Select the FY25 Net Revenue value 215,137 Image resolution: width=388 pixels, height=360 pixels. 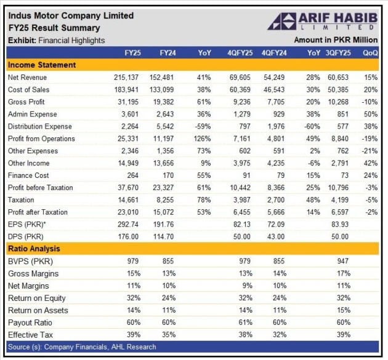click(x=127, y=78)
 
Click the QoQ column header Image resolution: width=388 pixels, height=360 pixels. click(x=370, y=53)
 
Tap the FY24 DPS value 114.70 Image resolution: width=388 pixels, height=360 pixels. click(x=164, y=237)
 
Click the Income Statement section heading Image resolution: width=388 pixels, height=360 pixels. click(x=42, y=65)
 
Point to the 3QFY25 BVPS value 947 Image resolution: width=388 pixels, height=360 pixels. click(x=343, y=262)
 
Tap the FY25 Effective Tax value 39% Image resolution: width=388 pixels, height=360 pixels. click(x=133, y=335)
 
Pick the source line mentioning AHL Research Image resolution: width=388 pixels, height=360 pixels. click(x=82, y=347)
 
